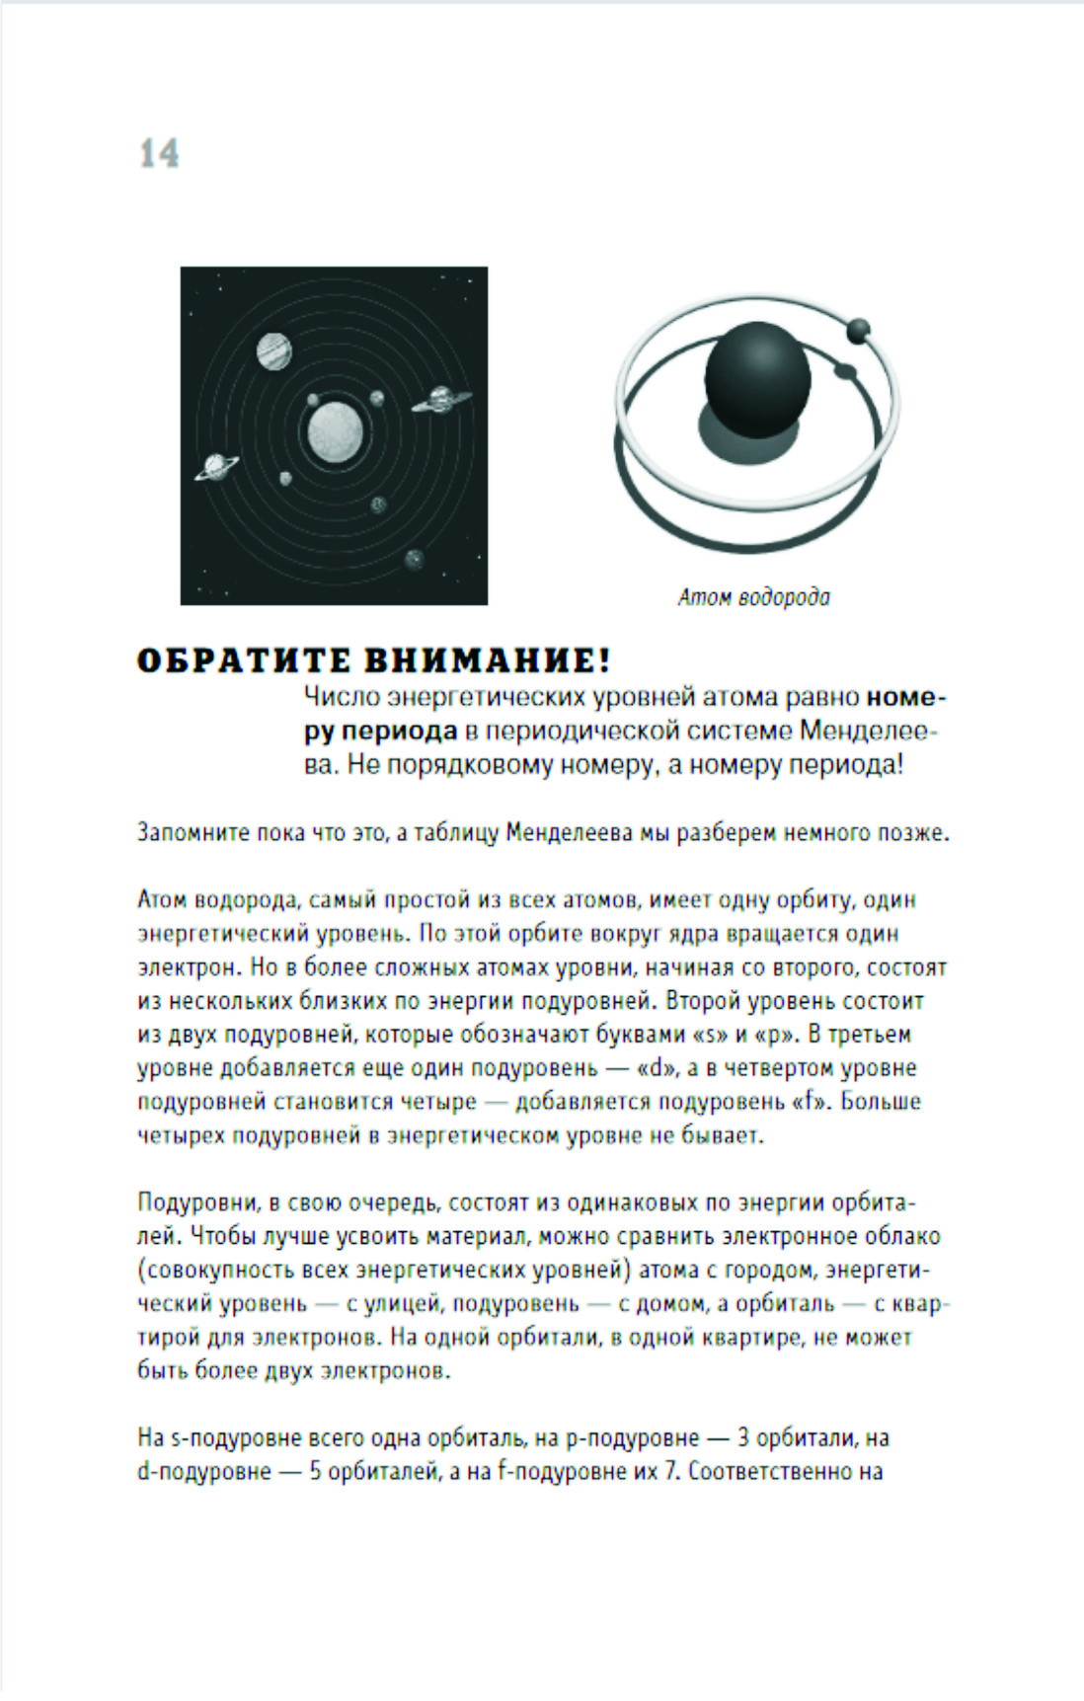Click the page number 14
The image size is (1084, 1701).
pyautogui.click(x=159, y=154)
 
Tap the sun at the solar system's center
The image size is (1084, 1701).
pyautogui.click(x=335, y=431)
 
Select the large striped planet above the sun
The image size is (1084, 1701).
pyautogui.click(x=273, y=350)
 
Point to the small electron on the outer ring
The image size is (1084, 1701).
pyautogui.click(x=858, y=330)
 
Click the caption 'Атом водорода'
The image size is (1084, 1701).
pyautogui.click(x=753, y=597)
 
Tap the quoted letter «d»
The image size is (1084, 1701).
pyautogui.click(x=655, y=1068)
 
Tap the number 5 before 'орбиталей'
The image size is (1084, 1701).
pyautogui.click(x=315, y=1471)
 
